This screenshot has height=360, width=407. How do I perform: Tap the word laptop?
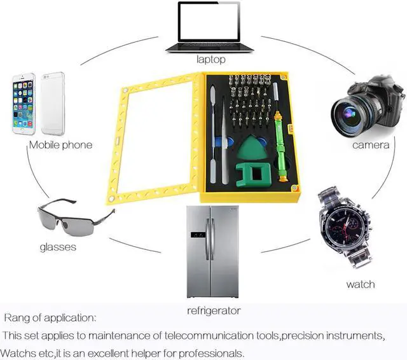pos(210,60)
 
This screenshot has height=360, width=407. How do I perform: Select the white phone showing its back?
pos(53,104)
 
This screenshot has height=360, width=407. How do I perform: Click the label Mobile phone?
pos(60,145)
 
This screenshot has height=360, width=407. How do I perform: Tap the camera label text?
pos(371,145)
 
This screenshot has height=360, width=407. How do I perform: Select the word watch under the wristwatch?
pos(360,284)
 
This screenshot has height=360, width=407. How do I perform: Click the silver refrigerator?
pos(212,251)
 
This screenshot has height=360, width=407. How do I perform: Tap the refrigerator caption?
pos(214,311)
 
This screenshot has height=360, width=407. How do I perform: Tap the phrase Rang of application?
pos(50,317)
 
